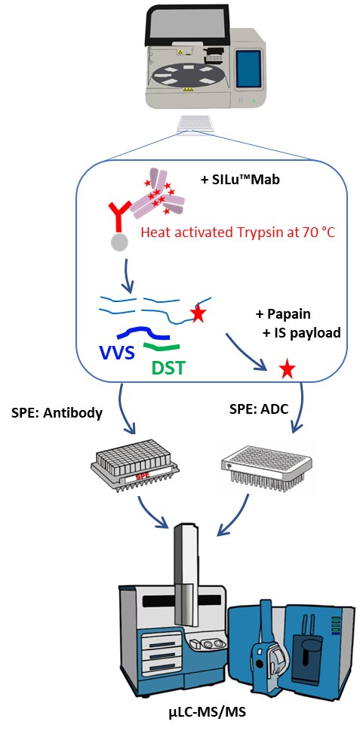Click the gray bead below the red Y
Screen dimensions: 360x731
click(x=120, y=241)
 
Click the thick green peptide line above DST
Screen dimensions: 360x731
click(x=162, y=347)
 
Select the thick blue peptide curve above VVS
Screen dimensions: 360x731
click(x=143, y=332)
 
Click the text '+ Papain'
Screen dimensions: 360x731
click(x=283, y=314)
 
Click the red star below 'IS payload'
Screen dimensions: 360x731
click(x=287, y=370)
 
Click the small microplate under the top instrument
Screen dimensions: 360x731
click(x=195, y=124)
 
